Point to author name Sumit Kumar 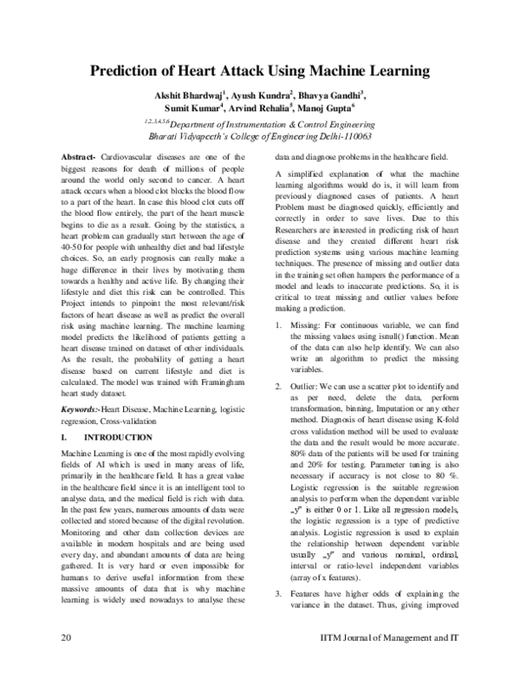[x=198, y=108]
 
